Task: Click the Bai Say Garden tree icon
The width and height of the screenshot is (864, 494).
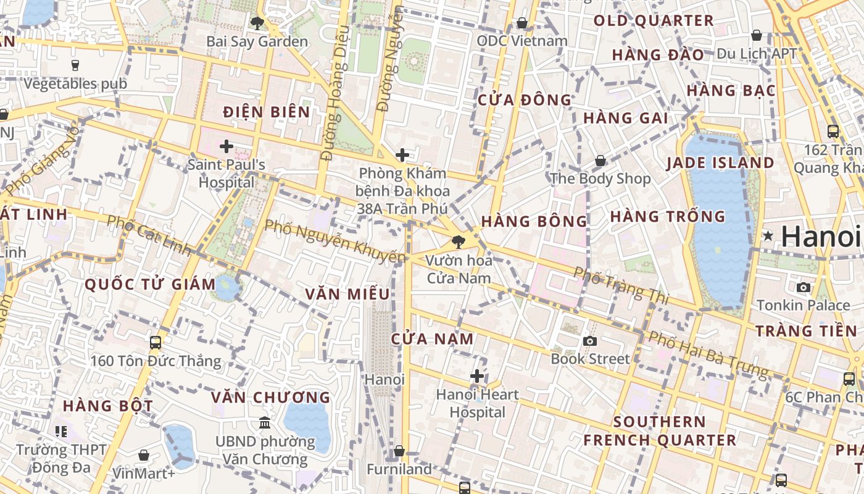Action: (x=257, y=23)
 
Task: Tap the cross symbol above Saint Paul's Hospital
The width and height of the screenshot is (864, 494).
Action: (x=226, y=146)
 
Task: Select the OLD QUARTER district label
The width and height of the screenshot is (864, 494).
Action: (x=654, y=20)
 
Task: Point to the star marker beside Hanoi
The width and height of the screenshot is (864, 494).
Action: (x=768, y=235)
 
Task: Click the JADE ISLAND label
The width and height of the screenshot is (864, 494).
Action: (x=720, y=163)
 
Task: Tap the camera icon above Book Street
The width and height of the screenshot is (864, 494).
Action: (x=590, y=341)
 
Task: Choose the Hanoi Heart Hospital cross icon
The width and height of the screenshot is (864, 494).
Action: (x=477, y=375)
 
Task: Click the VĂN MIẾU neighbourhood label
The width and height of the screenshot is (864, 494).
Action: (x=347, y=294)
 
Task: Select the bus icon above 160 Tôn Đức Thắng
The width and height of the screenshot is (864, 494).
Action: (x=156, y=342)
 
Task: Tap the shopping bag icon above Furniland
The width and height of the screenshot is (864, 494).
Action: (x=399, y=451)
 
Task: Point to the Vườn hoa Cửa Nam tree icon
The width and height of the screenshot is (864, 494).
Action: (x=458, y=242)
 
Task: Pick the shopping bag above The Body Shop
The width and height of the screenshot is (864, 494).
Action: (x=600, y=161)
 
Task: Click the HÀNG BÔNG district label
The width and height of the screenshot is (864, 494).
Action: (x=534, y=221)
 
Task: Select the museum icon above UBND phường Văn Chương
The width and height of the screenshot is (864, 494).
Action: (x=265, y=422)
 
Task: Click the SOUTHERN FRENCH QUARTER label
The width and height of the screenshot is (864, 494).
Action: (x=660, y=431)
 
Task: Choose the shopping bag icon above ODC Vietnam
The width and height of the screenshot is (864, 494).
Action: (x=522, y=23)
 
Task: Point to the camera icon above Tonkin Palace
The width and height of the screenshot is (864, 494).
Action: (x=803, y=287)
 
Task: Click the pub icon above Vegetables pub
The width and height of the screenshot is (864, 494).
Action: (x=75, y=65)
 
